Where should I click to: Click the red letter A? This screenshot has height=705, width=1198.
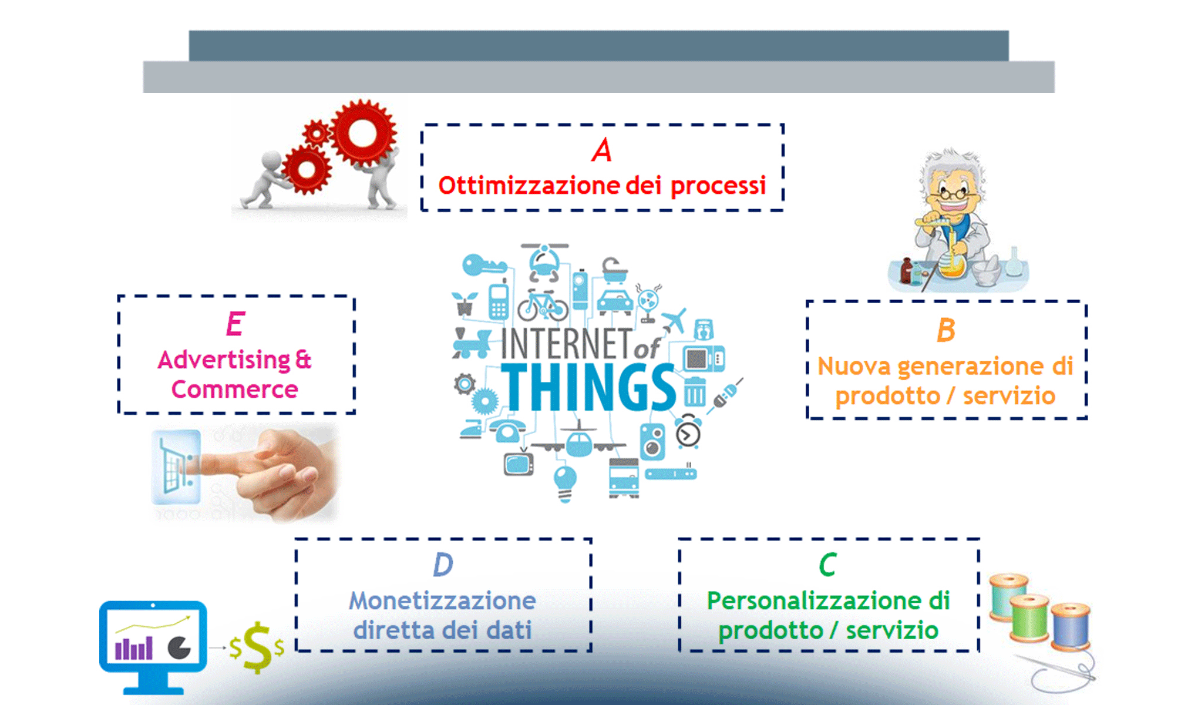point(602,150)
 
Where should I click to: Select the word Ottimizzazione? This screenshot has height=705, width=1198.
point(528,186)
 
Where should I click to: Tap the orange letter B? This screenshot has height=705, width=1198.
point(945,330)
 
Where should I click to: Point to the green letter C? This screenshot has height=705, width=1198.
point(827,565)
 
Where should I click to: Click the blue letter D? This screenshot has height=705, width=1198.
point(443,565)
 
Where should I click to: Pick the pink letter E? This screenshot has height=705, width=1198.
point(235,324)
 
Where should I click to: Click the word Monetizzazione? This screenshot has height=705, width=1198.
point(442,601)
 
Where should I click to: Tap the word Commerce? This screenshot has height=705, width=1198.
point(235,390)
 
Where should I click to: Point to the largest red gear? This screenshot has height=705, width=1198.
point(362,133)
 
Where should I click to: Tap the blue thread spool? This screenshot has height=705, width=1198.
point(1070,627)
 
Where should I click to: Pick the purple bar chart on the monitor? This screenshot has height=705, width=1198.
point(134,649)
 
